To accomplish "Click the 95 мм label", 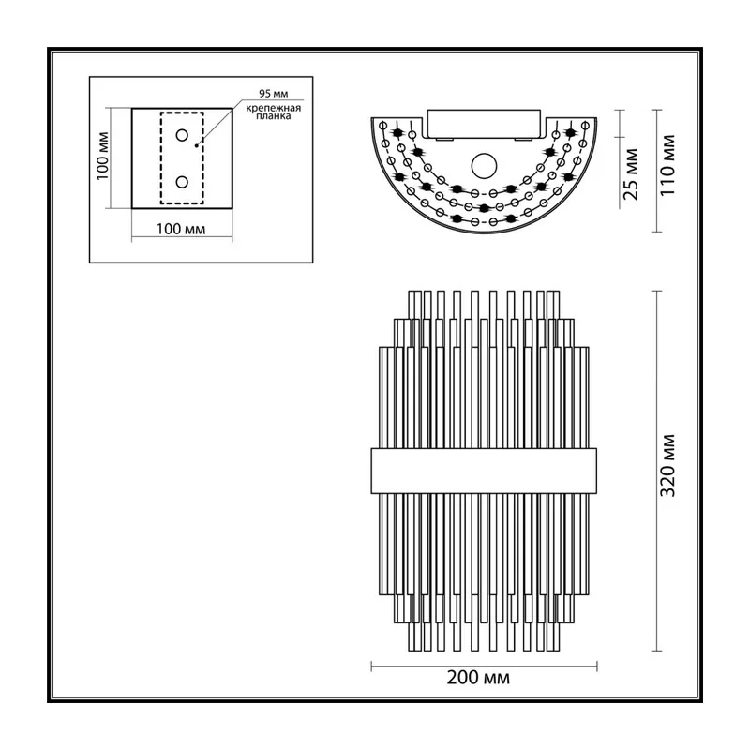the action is pyautogui.click(x=273, y=93).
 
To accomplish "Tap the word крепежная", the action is pyautogui.click(x=274, y=108).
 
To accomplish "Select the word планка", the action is pyautogui.click(x=274, y=116).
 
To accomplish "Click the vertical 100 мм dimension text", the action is pyautogui.click(x=103, y=156).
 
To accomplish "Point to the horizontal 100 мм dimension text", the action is pyautogui.click(x=181, y=229).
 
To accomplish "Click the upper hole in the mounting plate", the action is pyautogui.click(x=182, y=135).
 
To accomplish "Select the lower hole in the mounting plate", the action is pyautogui.click(x=182, y=182).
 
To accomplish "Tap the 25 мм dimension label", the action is pyautogui.click(x=631, y=174).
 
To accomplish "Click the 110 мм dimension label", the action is pyautogui.click(x=667, y=165).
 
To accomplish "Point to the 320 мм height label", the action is pyautogui.click(x=667, y=465).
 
